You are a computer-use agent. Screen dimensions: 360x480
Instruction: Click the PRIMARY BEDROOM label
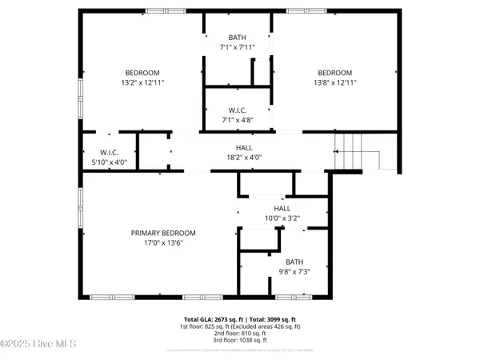[163, 233]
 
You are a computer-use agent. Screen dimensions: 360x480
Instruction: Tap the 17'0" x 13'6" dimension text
[163, 244]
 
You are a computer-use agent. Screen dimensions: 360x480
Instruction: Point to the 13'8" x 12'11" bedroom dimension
[334, 82]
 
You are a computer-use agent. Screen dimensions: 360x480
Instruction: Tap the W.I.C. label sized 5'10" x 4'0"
[110, 152]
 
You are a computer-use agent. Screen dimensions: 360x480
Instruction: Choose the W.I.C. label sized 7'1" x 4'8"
[238, 110]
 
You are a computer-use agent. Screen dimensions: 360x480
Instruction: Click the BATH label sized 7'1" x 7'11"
[238, 37]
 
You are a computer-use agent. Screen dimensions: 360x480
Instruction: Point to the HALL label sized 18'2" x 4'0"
[246, 147]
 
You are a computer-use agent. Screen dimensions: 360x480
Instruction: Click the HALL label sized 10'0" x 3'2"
[282, 208]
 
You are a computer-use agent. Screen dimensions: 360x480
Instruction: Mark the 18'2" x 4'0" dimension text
[246, 158]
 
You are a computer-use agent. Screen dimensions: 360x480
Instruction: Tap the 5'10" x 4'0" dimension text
[110, 162]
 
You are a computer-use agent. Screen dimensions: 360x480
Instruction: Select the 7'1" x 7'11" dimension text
[238, 47]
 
